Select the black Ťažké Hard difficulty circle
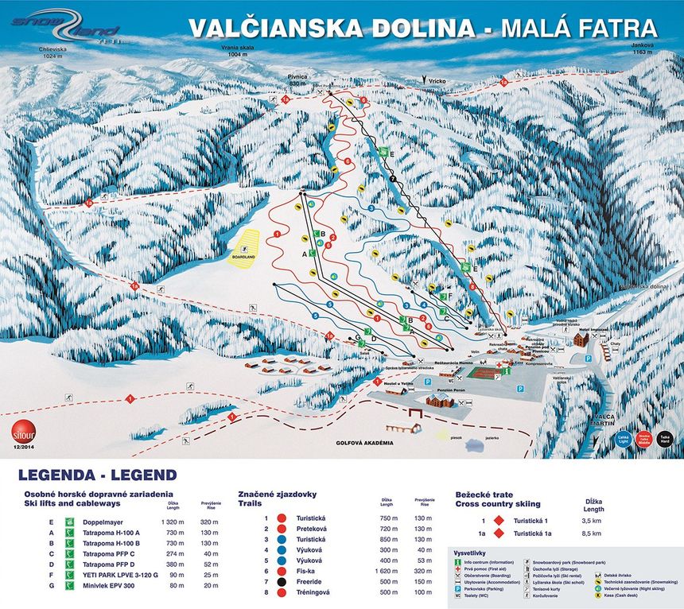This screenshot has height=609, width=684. [665, 439]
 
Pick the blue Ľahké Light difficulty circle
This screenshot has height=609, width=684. [620, 439]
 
